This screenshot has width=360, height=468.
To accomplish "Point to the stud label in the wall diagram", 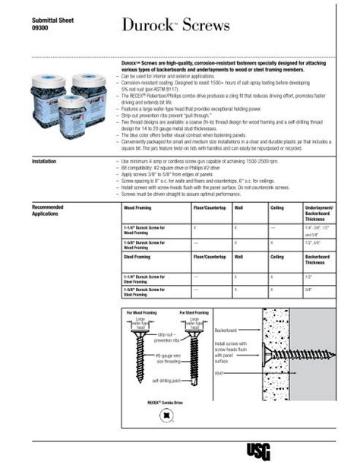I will pyautogui.click(x=219, y=373).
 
